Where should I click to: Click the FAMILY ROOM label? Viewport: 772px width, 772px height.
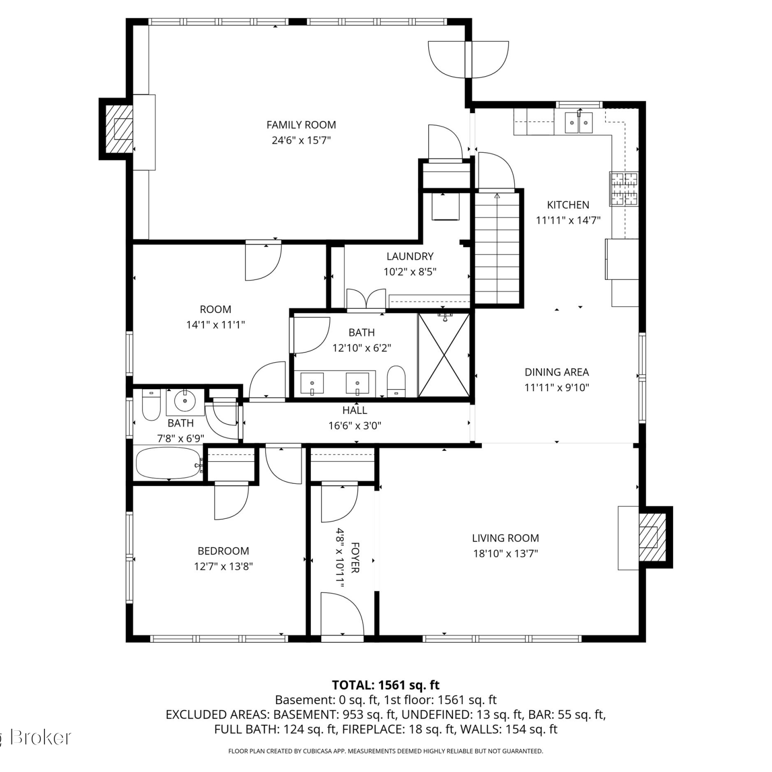coord(301,125)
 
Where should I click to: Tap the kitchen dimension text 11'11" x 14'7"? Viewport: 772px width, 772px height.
coord(568,220)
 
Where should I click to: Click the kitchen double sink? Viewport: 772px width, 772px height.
coord(579,122)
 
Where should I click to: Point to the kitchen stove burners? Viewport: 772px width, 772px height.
coord(624,189)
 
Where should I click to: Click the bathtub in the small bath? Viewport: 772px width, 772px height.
coord(168,463)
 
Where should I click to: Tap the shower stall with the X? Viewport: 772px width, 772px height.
coord(444,355)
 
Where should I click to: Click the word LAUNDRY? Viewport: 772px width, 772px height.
coord(410,256)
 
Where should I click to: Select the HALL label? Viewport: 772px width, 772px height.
coord(355,410)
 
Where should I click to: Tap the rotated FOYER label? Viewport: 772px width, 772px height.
coord(355,557)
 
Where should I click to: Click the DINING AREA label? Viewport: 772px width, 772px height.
coord(557,372)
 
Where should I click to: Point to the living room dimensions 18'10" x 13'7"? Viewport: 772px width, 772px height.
coord(505,554)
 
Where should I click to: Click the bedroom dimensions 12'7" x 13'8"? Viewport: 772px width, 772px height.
coord(223,567)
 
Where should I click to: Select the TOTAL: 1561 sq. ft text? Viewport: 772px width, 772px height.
coord(385,685)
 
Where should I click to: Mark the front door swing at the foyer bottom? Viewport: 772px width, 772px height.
coord(342,614)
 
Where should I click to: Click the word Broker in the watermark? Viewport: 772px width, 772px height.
coord(41,738)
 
